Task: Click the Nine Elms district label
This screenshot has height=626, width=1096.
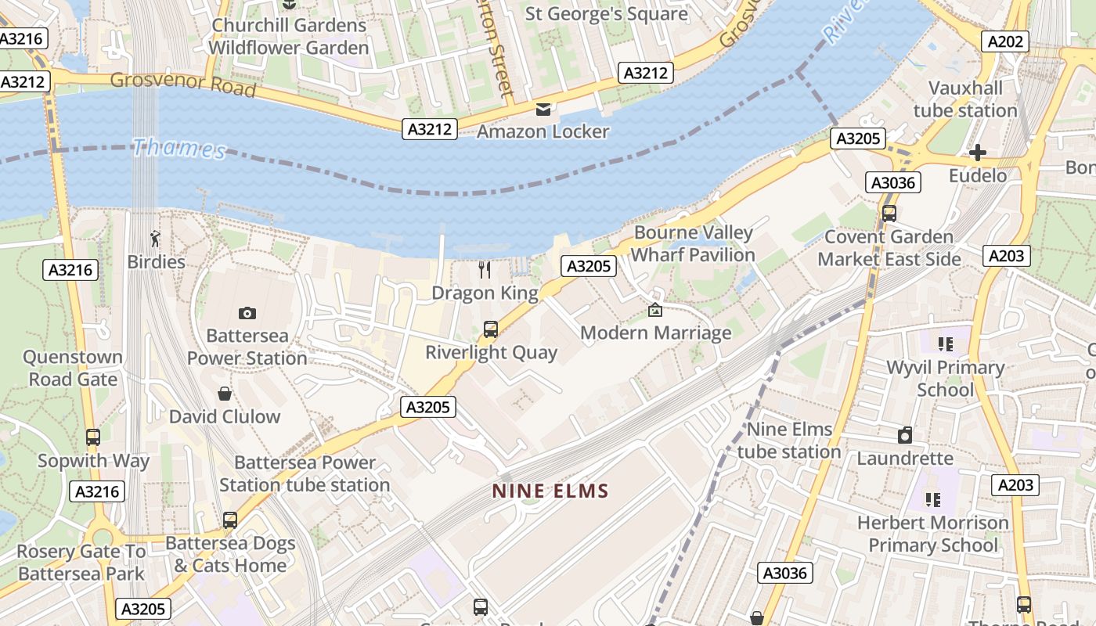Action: pyautogui.click(x=550, y=491)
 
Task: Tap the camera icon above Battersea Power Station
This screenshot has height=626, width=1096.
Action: pyautogui.click(x=247, y=313)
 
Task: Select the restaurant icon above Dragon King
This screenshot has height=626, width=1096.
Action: pyautogui.click(x=485, y=270)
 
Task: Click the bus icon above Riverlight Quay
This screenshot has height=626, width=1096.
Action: pyautogui.click(x=491, y=329)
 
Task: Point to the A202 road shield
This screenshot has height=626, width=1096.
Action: pyautogui.click(x=1004, y=41)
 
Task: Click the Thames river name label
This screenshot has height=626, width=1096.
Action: pyautogui.click(x=178, y=148)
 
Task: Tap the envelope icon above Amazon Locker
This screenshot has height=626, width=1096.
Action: pyautogui.click(x=543, y=109)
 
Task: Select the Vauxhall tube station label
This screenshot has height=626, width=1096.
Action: pyautogui.click(x=964, y=99)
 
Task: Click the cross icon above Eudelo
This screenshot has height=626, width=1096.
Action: pyautogui.click(x=977, y=153)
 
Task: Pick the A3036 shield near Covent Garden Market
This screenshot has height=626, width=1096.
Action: pyautogui.click(x=893, y=183)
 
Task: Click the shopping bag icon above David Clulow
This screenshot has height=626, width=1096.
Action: pyautogui.click(x=225, y=394)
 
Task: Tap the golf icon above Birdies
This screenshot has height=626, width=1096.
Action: pyautogui.click(x=156, y=239)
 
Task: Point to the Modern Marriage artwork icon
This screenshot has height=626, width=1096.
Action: pyautogui.click(x=655, y=311)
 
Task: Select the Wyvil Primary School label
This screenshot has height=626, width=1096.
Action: pyautogui.click(x=945, y=379)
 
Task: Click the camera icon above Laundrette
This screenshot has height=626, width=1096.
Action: pyautogui.click(x=905, y=435)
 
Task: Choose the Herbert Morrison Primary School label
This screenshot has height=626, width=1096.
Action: pyautogui.click(x=932, y=534)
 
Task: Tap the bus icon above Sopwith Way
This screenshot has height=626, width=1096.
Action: pyautogui.click(x=93, y=437)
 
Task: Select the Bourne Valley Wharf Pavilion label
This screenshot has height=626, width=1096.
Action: pyautogui.click(x=693, y=243)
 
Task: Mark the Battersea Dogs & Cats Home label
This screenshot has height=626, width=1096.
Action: pyautogui.click(x=230, y=554)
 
